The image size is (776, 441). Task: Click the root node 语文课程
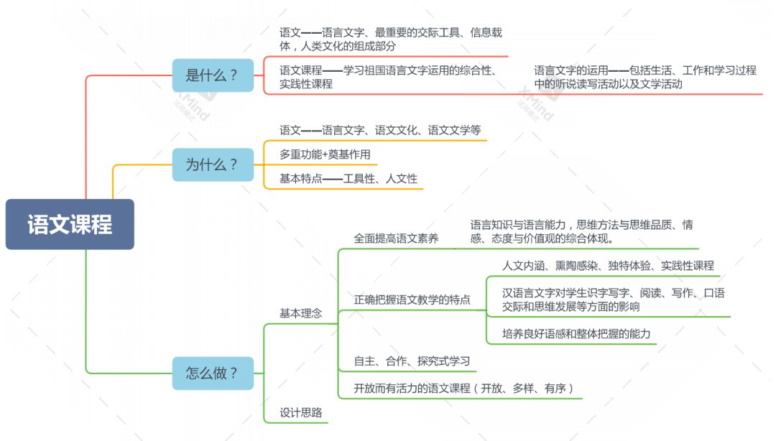pos(70,224)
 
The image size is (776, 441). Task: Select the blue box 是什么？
pos(213,75)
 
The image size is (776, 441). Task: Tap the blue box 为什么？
pos(213,164)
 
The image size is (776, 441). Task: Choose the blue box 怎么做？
pos(213,373)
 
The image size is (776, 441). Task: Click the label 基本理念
pos(300,314)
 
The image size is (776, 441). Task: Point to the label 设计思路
pos(300,413)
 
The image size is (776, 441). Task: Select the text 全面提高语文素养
pos(396,238)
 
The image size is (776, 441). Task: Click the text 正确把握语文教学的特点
pos(412,299)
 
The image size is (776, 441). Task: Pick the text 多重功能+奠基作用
pos(325,154)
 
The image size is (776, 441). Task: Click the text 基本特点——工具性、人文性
pos(348,179)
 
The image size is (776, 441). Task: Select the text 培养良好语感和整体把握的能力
pos(576,333)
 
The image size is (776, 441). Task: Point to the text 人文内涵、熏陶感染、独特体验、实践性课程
pos(608,266)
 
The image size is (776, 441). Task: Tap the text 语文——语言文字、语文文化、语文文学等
pos(380,130)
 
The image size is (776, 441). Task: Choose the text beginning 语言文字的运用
pos(645,77)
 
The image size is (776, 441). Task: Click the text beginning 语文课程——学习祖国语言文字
pos(389,77)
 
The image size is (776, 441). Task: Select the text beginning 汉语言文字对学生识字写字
pos(613,300)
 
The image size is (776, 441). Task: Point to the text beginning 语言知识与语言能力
pos(581,232)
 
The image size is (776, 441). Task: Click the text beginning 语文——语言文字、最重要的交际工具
pos(390,39)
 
